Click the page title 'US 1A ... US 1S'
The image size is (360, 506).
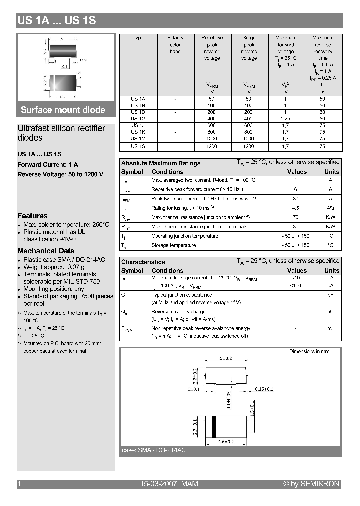[56, 21]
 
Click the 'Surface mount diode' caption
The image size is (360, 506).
[63, 110]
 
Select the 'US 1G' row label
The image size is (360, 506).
[138, 119]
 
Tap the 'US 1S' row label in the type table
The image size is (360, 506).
[138, 146]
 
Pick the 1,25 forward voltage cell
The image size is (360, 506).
[286, 119]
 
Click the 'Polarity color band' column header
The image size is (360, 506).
[175, 45]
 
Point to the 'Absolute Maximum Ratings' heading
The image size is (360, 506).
[161, 163]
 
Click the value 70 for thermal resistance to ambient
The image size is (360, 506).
[295, 217]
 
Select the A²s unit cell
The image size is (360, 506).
[330, 208]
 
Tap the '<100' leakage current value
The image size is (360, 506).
[295, 285]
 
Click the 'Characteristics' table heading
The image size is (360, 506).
[143, 262]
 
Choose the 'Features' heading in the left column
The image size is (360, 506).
[32, 216]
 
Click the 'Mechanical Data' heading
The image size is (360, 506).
[46, 251]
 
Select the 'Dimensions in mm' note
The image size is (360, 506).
[309, 352]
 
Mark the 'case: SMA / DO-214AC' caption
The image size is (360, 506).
[154, 450]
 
